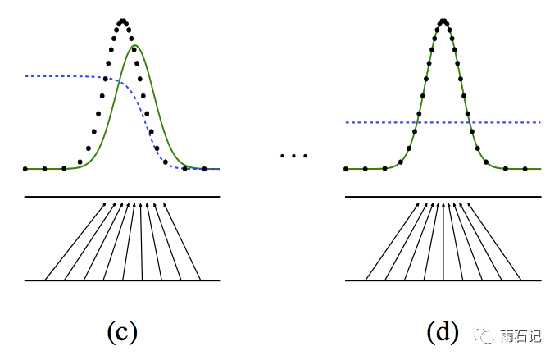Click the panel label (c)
pos(122,331)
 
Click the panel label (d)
pos(443,331)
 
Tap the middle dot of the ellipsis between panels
pos(293,156)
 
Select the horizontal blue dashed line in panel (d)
pos(508,122)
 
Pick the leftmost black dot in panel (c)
pos(25,169)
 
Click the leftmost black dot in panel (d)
pos(346,169)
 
